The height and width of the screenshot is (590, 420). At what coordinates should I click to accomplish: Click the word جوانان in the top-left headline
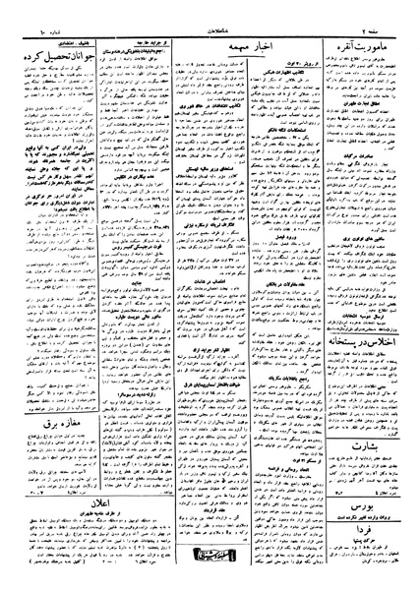[x=102, y=51]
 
